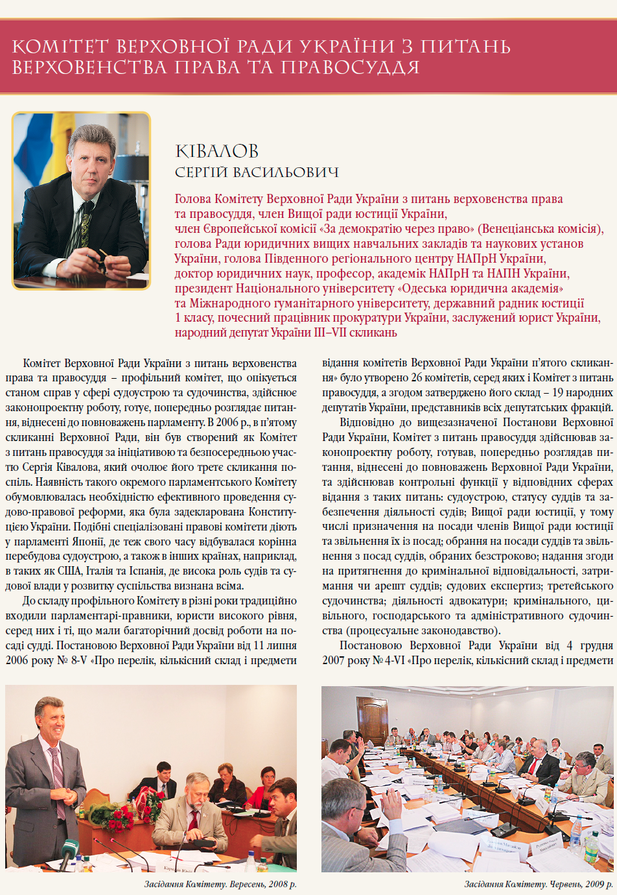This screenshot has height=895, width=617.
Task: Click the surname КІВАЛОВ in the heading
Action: [216, 151]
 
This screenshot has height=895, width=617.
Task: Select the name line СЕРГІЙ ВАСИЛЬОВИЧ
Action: [257, 173]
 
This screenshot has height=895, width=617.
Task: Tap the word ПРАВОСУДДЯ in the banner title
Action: [350, 67]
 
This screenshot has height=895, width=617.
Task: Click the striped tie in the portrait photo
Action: [85, 221]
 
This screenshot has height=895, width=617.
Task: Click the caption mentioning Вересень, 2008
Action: [220, 884]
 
